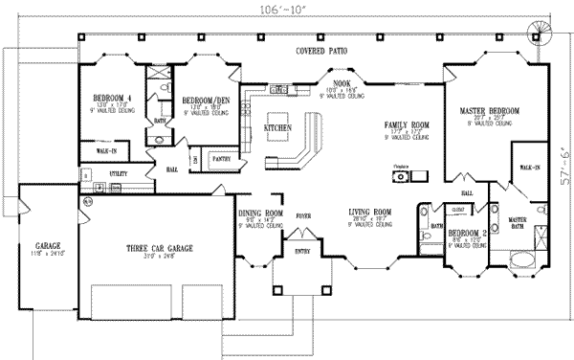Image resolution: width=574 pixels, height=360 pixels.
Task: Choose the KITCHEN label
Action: tap(277, 126)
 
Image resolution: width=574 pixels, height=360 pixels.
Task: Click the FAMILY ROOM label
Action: tap(406, 125)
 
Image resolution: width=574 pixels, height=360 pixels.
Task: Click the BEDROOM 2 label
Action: tap(467, 233)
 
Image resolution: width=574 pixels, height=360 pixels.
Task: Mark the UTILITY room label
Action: tap(118, 173)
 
